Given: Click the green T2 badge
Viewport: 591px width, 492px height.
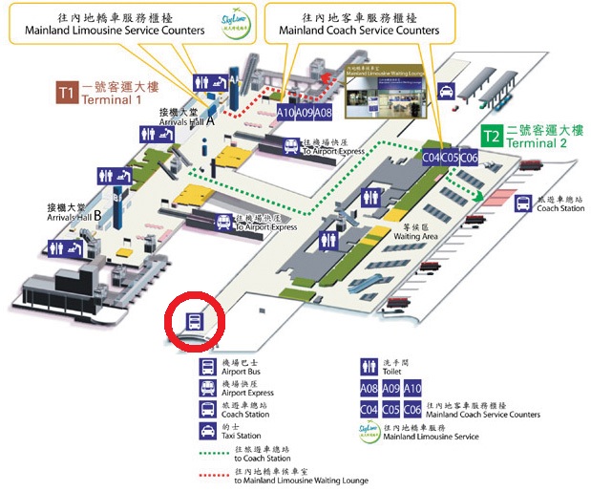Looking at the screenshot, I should [492, 136].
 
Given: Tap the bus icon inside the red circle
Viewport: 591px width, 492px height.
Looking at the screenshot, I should [195, 323].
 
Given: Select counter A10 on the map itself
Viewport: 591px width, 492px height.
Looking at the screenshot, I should [285, 113].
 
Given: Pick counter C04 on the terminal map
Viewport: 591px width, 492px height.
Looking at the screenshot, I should [432, 157].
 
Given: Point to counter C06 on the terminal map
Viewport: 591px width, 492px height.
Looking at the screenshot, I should [469, 157].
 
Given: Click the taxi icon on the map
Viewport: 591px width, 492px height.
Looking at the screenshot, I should [445, 92].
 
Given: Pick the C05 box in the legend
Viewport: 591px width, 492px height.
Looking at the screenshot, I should [390, 410].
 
